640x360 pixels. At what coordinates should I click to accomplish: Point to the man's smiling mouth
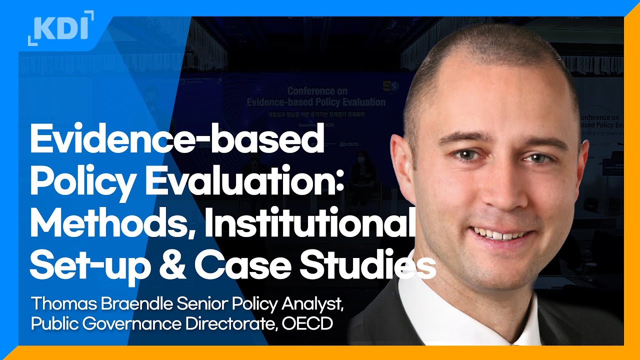point(500,234)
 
